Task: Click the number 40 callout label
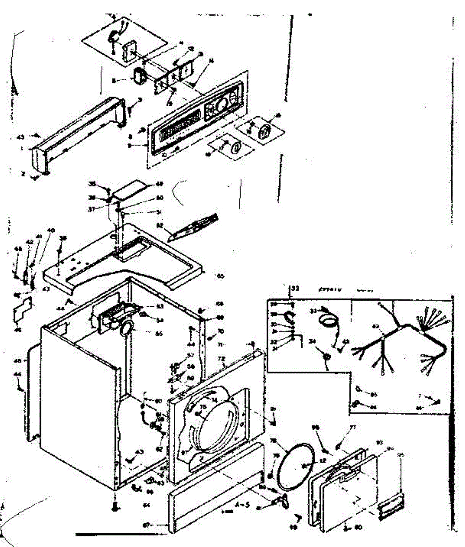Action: (50, 231)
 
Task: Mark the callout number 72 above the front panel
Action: (222, 359)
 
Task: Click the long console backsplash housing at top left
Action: (78, 132)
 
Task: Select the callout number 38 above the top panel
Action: (63, 238)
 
